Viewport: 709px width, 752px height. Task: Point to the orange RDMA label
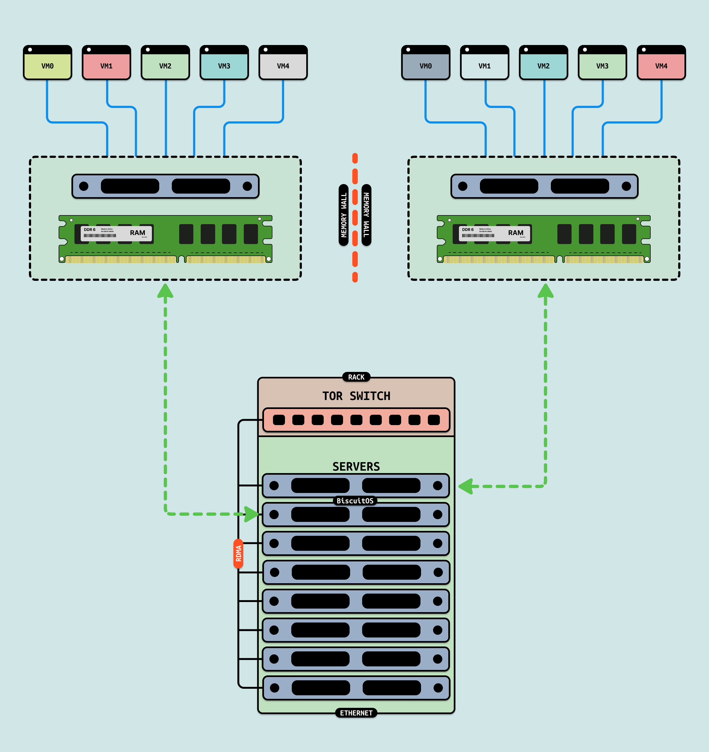click(238, 554)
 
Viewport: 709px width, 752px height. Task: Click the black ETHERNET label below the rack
click(356, 713)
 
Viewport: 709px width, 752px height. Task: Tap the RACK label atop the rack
click(356, 377)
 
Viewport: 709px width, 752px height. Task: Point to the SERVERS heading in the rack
click(356, 467)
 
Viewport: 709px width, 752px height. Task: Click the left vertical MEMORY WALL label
click(344, 215)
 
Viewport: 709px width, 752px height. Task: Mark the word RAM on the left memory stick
click(137, 233)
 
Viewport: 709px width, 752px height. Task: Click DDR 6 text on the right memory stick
click(468, 230)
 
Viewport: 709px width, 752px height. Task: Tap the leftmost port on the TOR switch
click(279, 420)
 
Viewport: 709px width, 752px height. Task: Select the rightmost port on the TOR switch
click(434, 420)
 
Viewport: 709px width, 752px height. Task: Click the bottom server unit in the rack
click(356, 688)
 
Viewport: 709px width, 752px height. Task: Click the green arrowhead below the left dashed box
click(165, 291)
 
